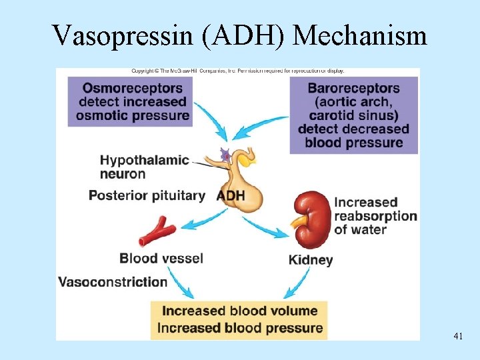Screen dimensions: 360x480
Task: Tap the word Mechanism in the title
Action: [x=359, y=35]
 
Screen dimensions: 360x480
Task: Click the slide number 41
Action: [x=457, y=337]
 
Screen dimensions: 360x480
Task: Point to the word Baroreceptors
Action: [x=353, y=88]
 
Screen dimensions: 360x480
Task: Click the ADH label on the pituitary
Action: [x=231, y=196]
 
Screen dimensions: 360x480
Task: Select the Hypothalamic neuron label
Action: [x=143, y=167]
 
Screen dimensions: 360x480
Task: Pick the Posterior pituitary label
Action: [x=147, y=195]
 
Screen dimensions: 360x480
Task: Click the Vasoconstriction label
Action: [x=113, y=281]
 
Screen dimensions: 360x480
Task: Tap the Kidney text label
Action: [x=311, y=260]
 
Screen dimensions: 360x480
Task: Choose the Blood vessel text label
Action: [x=161, y=258]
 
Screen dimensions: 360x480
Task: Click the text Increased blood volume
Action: [x=239, y=311]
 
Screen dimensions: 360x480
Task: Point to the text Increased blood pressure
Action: [x=239, y=328]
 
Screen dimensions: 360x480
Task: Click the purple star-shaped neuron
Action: [x=226, y=155]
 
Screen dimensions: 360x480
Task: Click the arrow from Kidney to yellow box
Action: [x=297, y=284]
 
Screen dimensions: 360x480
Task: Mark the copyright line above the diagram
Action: [x=237, y=71]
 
